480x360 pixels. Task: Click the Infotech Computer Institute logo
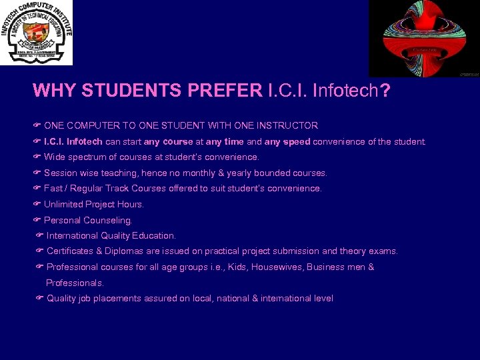[37, 33]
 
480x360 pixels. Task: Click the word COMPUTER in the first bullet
[91, 125]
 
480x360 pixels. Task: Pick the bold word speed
[296, 141]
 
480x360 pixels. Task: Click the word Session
[61, 173]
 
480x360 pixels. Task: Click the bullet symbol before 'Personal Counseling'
[37, 220]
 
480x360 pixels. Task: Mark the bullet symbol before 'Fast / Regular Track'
[37, 189]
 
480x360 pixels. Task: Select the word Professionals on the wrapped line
[75, 283]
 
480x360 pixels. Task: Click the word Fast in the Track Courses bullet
[53, 189]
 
